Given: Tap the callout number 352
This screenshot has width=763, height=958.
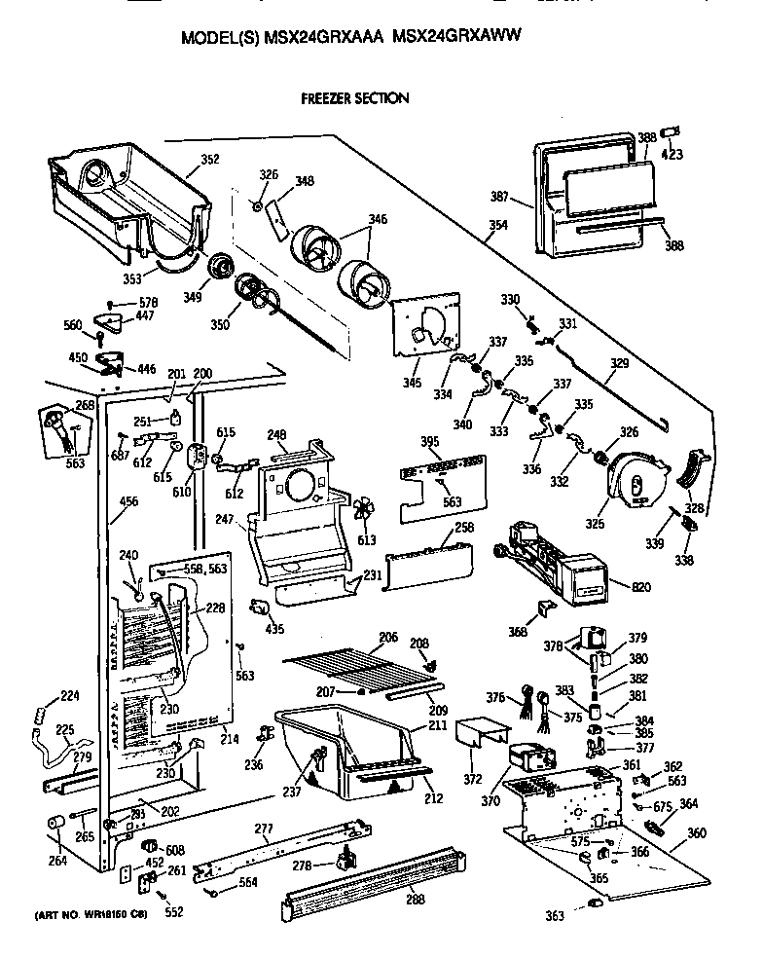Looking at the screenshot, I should (209, 160).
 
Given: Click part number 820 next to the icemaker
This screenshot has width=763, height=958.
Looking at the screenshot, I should (641, 587).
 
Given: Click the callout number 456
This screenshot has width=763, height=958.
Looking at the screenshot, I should (127, 502).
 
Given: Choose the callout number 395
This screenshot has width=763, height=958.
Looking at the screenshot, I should (430, 442).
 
